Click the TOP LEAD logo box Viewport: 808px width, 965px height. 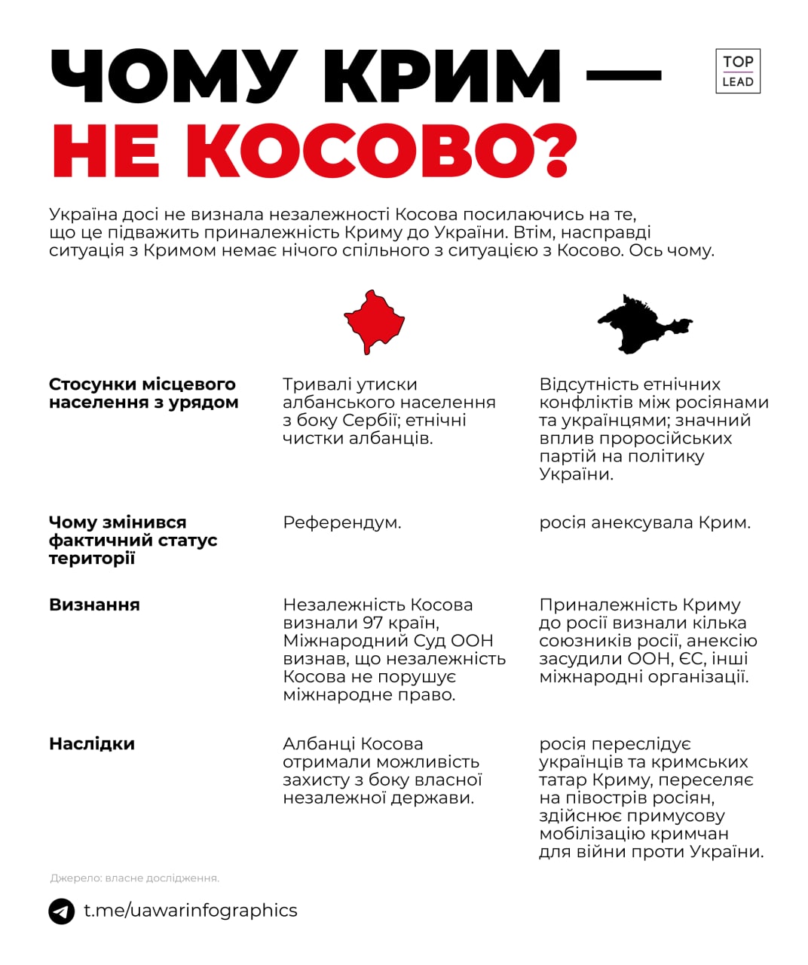pos(737,72)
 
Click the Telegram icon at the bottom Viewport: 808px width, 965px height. pos(62,911)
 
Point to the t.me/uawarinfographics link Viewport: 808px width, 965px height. pos(190,911)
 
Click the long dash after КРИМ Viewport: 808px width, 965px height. pos(623,75)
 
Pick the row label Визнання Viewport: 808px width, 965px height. pos(94,605)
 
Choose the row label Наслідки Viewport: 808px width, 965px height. pos(92,744)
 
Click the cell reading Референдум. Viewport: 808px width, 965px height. pos(341,522)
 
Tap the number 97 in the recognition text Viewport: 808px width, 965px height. pos(372,623)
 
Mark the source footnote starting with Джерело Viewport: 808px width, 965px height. pos(134,878)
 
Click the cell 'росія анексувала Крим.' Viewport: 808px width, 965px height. pos(644,522)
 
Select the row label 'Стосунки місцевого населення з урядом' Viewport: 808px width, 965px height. pos(143,394)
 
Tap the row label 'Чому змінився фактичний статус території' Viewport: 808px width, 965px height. pos(133,540)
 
